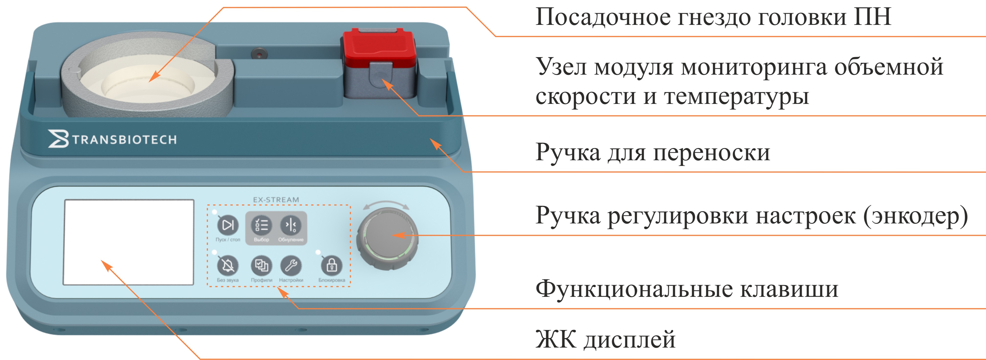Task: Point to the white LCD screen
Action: coord(129,242)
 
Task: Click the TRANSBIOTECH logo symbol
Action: coord(58,139)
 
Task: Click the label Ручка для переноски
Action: coord(652,152)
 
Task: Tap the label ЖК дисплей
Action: coord(605,339)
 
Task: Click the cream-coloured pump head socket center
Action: coord(148,85)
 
